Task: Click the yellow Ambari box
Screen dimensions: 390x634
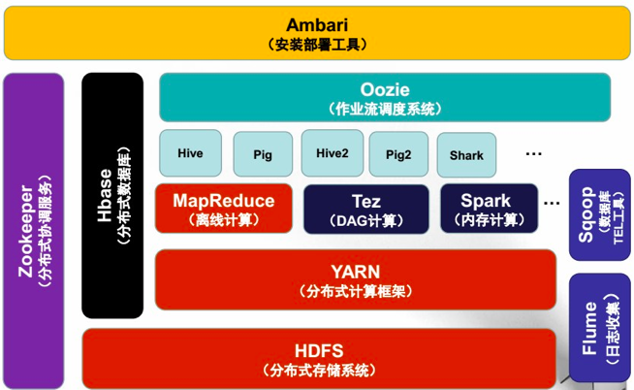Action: click(316, 33)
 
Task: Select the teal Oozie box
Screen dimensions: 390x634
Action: click(385, 97)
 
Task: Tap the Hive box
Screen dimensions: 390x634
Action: click(189, 153)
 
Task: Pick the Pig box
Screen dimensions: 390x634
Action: click(262, 154)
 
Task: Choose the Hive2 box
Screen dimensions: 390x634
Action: click(332, 153)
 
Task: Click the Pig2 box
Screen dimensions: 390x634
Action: click(397, 154)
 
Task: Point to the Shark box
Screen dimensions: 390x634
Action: click(466, 154)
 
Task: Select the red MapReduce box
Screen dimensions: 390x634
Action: click(223, 209)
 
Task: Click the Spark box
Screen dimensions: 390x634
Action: click(488, 209)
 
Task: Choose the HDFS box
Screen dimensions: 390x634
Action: click(319, 357)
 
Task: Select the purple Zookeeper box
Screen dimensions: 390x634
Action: click(34, 231)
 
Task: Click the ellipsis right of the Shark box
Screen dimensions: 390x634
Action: click(533, 152)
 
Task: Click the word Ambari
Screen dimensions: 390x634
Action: click(316, 24)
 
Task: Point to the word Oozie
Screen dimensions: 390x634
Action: click(385, 89)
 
